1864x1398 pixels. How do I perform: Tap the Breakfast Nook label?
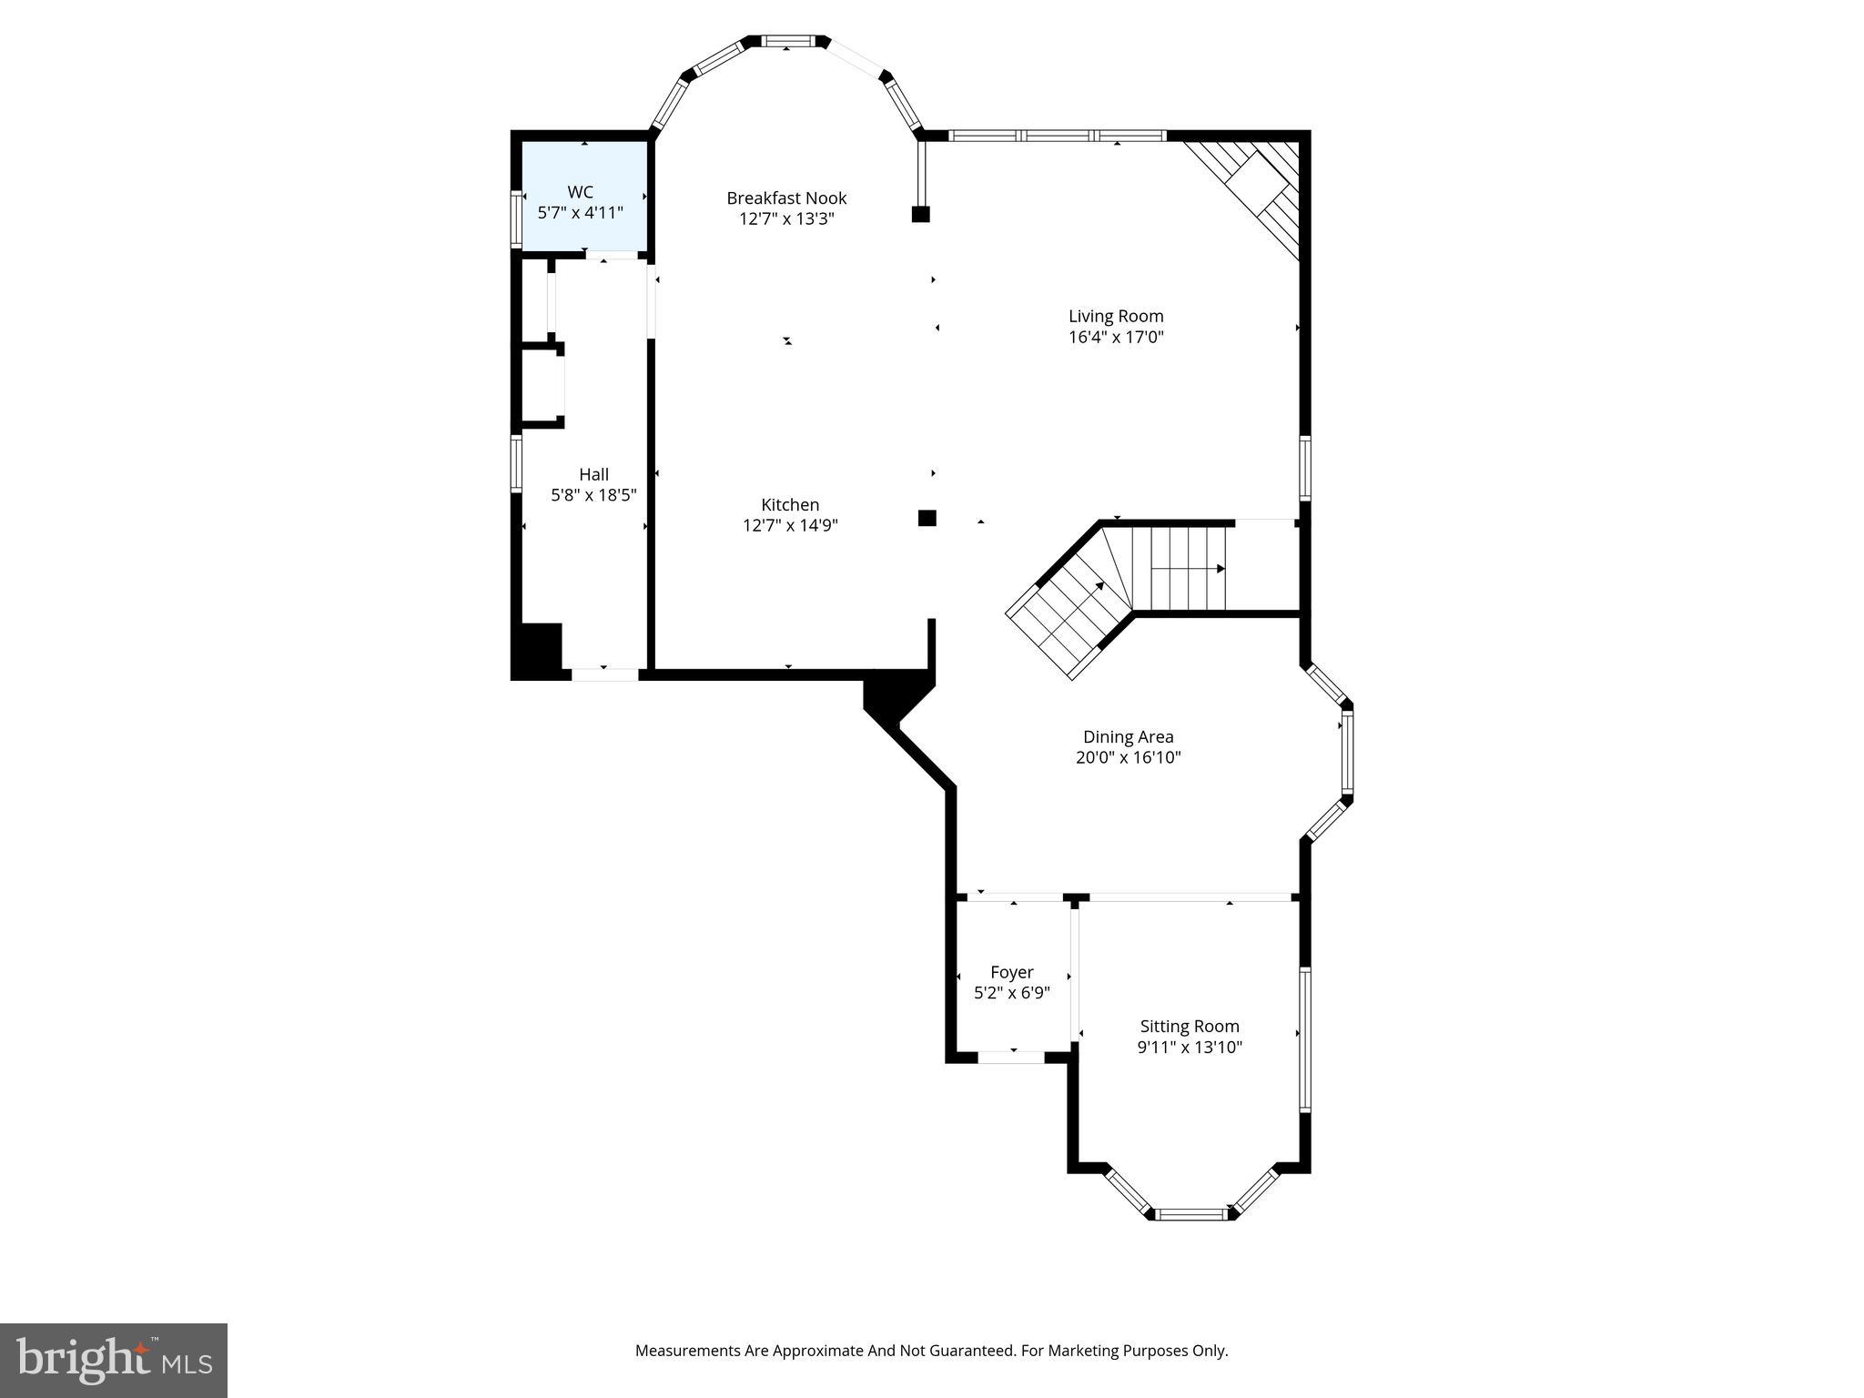[786, 198]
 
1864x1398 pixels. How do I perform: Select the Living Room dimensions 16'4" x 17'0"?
[1116, 338]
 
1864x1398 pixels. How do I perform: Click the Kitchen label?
[790, 505]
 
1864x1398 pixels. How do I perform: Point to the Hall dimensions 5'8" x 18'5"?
[593, 496]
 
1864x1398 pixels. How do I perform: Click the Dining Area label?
[1128, 737]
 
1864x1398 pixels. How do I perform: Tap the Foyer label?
[1011, 973]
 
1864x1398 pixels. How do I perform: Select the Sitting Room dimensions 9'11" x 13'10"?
[1189, 1048]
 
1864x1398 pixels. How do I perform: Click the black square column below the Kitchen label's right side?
[927, 518]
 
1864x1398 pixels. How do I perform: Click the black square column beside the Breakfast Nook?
[920, 215]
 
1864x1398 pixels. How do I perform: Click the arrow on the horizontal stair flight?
[1220, 569]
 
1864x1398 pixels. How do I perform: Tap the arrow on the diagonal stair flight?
[1099, 587]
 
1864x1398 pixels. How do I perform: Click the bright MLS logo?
[114, 1360]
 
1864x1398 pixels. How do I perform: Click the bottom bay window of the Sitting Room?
[1190, 1213]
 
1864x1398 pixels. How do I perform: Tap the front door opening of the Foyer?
[1010, 1057]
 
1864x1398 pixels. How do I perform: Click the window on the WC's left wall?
[516, 218]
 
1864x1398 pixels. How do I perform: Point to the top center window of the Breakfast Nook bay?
[787, 41]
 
